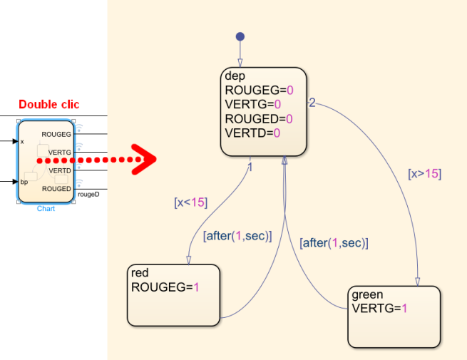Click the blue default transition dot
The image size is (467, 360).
[x=240, y=36]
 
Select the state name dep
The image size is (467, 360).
[x=235, y=76]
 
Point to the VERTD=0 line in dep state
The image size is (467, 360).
[x=252, y=133]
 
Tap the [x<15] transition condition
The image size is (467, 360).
[x=190, y=202]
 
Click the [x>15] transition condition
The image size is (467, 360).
[x=424, y=173]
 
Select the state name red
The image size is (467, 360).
[x=140, y=272]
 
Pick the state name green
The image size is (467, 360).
[x=367, y=294]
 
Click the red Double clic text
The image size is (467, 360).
[x=48, y=105]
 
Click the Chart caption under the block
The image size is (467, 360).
[x=46, y=208]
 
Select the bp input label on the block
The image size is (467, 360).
[x=24, y=182]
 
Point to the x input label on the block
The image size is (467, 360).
[x=22, y=141]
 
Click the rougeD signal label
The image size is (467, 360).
[x=88, y=193]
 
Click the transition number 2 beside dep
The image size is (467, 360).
[x=312, y=102]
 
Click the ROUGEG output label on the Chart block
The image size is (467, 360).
[x=56, y=134]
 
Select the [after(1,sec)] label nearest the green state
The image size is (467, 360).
[x=334, y=242]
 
